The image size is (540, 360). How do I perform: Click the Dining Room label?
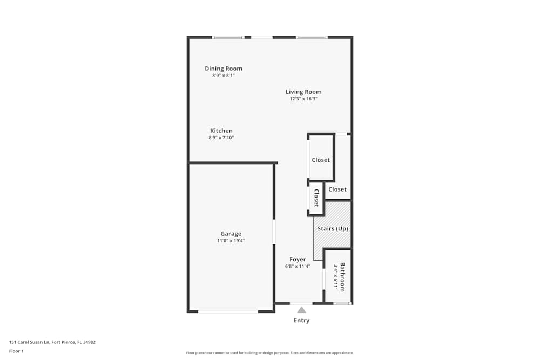(x=223, y=69)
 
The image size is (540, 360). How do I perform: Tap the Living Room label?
(x=303, y=92)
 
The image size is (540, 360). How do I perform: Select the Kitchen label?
(x=221, y=131)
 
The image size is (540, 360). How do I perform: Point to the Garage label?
(x=231, y=234)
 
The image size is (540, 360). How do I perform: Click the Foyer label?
(x=298, y=260)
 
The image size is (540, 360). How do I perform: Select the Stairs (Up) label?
(x=333, y=229)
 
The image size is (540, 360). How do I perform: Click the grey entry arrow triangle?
(x=301, y=310)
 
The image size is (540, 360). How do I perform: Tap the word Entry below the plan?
(x=301, y=321)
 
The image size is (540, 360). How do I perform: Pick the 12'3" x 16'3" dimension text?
(x=303, y=99)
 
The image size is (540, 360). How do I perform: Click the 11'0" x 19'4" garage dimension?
(x=231, y=241)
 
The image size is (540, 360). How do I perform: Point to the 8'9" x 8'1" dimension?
(x=223, y=76)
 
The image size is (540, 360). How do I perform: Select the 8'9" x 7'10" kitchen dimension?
(x=221, y=138)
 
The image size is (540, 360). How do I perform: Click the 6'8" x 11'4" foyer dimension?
(x=298, y=266)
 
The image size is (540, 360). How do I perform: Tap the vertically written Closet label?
(x=316, y=198)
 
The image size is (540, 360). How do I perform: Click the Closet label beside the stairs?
(x=337, y=189)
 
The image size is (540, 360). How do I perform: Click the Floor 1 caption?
(x=16, y=351)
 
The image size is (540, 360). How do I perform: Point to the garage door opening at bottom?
(x=227, y=311)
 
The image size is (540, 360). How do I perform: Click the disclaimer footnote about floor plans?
(x=269, y=353)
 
